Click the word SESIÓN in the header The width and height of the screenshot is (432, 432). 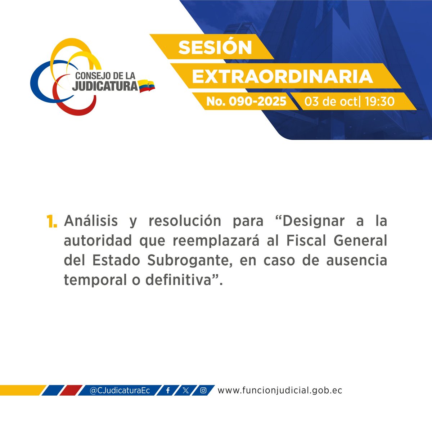(x=215, y=48)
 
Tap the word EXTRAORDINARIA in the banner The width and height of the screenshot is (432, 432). (x=282, y=76)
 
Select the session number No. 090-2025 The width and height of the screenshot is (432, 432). (x=246, y=102)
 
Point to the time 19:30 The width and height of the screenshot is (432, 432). (x=379, y=102)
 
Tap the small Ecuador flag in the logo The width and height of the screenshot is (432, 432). (x=147, y=86)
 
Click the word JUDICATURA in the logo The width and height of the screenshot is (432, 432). (x=105, y=86)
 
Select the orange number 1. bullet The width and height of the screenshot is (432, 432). (x=51, y=222)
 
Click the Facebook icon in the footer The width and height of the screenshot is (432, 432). (x=168, y=390)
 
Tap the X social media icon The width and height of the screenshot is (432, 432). (x=185, y=390)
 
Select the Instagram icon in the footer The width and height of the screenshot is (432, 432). (x=203, y=390)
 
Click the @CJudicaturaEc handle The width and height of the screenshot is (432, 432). (x=120, y=390)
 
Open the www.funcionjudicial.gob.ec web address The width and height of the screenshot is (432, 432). (x=280, y=390)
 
